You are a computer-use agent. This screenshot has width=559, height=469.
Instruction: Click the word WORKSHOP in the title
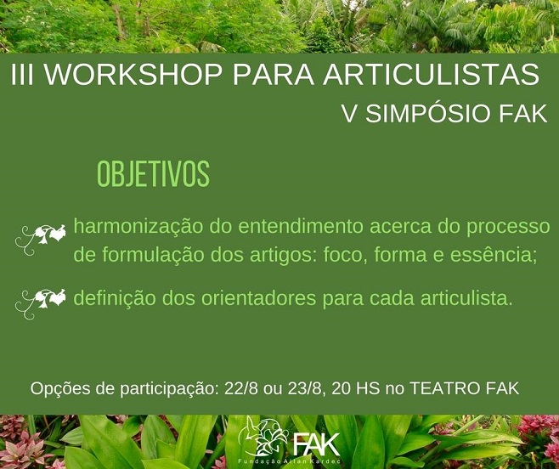point(133,75)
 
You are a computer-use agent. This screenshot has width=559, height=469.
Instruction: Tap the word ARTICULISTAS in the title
point(431,75)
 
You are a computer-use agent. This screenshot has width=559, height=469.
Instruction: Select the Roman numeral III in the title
point(22,75)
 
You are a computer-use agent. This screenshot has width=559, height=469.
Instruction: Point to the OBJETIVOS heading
point(153,174)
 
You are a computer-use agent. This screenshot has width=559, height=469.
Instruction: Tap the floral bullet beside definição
point(40,304)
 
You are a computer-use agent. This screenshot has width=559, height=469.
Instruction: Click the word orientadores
point(258,298)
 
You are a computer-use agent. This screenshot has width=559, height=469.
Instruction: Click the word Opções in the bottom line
point(59,389)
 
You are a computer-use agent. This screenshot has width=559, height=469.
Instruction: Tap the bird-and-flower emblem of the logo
point(263,436)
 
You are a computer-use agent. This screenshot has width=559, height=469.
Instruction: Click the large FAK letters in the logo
point(316,444)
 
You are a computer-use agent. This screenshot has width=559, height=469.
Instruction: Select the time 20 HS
point(355,388)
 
